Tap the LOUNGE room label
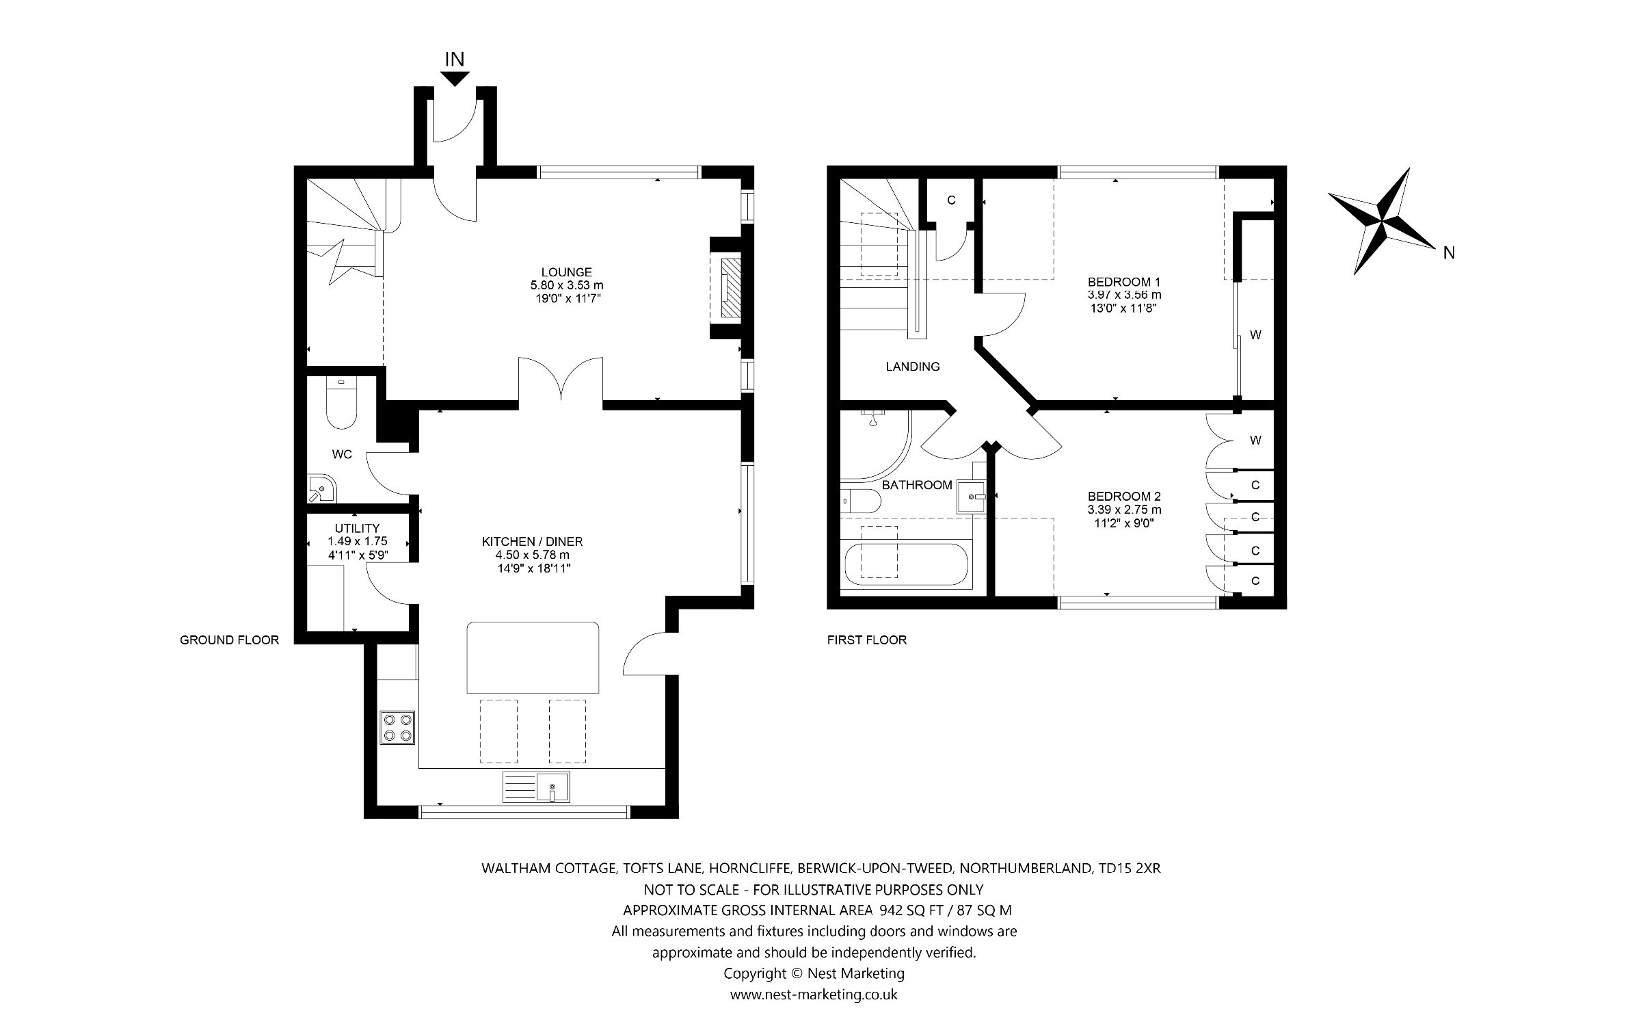click(566, 272)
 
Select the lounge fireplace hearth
click(729, 287)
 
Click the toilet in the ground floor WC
click(341, 405)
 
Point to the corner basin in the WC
click(319, 488)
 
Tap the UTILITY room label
click(357, 528)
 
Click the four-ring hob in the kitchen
click(398, 728)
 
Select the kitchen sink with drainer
click(536, 787)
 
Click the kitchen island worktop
click(532, 657)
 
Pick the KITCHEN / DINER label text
click(532, 542)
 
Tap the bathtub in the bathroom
click(905, 564)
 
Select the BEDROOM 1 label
click(1124, 282)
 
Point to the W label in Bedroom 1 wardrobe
click(1255, 335)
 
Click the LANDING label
click(912, 367)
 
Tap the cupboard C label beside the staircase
click(950, 200)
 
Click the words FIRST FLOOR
click(866, 640)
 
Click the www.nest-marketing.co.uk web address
click(814, 995)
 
